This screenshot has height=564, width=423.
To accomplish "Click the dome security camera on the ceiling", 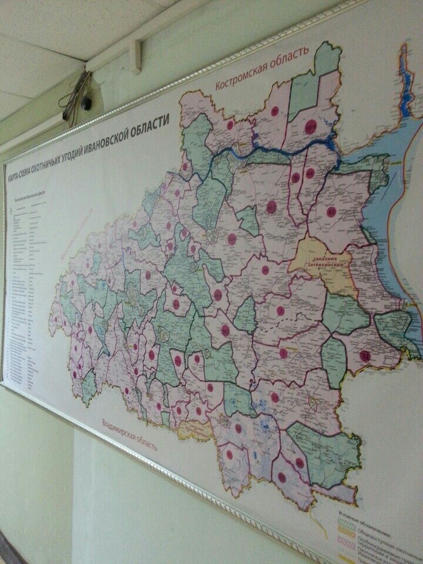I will click(86, 103).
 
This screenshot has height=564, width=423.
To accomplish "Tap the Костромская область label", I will click(261, 69).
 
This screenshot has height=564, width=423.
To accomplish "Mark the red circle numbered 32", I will click(365, 355).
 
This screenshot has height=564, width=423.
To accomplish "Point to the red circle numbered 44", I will click(310, 173).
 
